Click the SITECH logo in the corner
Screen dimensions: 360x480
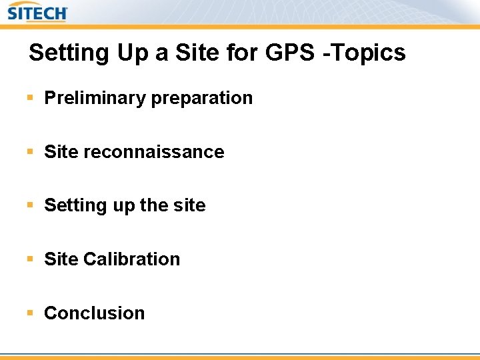click(38, 12)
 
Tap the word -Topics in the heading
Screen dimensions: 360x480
click(365, 53)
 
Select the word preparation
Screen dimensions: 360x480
click(202, 99)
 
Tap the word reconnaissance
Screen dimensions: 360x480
click(154, 152)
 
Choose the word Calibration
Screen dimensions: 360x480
click(132, 259)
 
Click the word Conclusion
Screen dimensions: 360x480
click(94, 313)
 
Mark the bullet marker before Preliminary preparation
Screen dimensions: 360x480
click(30, 98)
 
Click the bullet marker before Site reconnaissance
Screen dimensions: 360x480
click(30, 152)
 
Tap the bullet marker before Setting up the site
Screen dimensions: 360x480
click(30, 205)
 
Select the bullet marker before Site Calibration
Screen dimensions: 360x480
click(30, 259)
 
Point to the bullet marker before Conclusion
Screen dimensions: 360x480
click(30, 313)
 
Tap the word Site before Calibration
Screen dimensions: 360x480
click(61, 259)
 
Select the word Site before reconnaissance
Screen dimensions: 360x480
click(61, 152)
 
